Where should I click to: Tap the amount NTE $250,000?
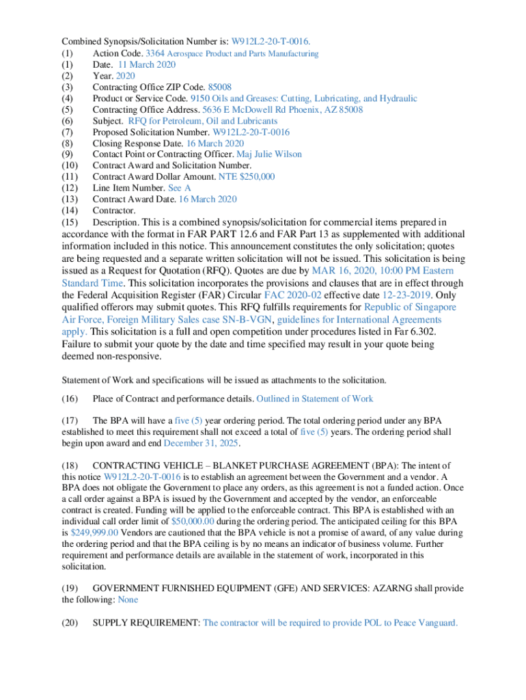point(247,176)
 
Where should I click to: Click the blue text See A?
point(179,187)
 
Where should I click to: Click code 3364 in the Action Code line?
point(155,53)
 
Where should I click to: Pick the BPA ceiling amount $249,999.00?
point(94,531)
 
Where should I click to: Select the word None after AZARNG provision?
point(128,600)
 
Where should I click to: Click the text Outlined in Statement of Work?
point(316,399)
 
